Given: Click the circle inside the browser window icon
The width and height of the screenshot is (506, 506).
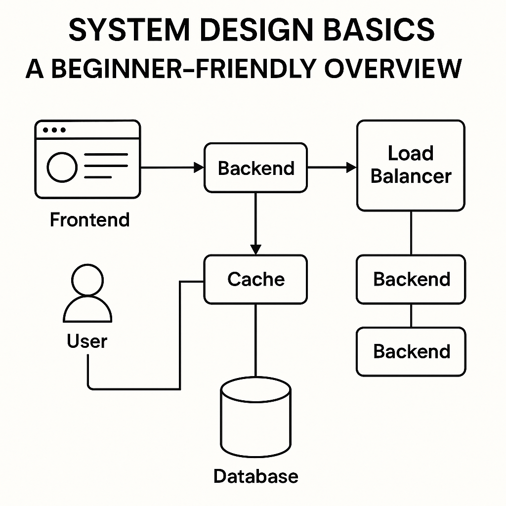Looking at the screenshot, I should (x=62, y=168).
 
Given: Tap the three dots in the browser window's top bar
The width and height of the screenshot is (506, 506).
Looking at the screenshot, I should (x=54, y=130).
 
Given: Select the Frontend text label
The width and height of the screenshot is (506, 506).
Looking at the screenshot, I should (x=89, y=219).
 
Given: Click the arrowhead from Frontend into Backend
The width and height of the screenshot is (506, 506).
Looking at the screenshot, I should (x=199, y=168).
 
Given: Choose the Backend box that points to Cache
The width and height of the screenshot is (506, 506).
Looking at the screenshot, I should (x=255, y=168).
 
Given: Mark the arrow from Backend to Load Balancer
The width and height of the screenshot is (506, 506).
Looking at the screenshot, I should (x=332, y=168).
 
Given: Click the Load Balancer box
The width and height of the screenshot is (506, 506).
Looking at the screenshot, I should (x=410, y=165).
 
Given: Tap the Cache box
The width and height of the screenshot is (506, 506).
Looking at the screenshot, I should (x=255, y=279).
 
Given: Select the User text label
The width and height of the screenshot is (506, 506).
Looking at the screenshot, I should (x=87, y=341).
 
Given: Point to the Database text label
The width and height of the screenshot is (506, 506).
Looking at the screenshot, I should (x=255, y=476).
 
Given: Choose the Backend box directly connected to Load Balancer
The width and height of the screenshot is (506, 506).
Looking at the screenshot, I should (x=410, y=279).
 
